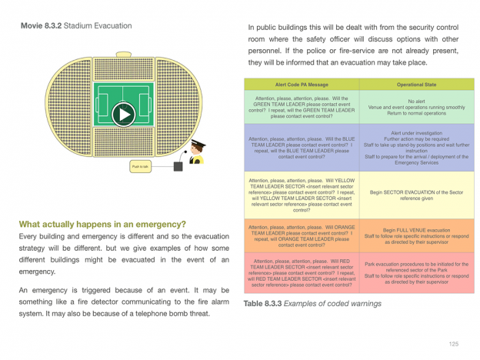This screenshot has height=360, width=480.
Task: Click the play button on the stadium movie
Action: (123, 115)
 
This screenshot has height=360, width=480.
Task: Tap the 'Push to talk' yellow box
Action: (140, 166)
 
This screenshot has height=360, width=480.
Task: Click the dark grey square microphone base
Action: (178, 166)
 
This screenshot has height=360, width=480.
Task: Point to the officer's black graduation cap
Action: (198, 143)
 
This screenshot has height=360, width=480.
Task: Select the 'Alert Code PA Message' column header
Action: (302, 85)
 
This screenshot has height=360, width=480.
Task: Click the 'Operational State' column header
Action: (417, 85)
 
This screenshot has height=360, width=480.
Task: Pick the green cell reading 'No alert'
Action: (417, 107)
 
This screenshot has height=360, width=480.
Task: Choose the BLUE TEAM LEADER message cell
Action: (302, 148)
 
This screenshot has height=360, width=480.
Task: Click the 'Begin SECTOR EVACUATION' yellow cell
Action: (417, 195)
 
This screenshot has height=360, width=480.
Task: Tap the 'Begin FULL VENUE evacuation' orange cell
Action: (417, 235)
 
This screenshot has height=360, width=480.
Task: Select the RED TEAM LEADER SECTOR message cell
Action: (302, 273)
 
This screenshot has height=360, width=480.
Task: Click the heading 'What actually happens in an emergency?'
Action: (102, 225)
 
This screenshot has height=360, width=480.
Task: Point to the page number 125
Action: (454, 344)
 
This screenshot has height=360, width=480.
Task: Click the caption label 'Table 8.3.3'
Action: (262, 304)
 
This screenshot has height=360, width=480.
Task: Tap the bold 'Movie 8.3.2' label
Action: (42, 25)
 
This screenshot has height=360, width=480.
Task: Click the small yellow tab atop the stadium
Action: (124, 55)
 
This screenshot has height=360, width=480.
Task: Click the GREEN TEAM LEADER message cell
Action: (302, 107)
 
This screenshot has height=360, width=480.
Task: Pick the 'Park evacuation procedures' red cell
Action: (417, 273)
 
